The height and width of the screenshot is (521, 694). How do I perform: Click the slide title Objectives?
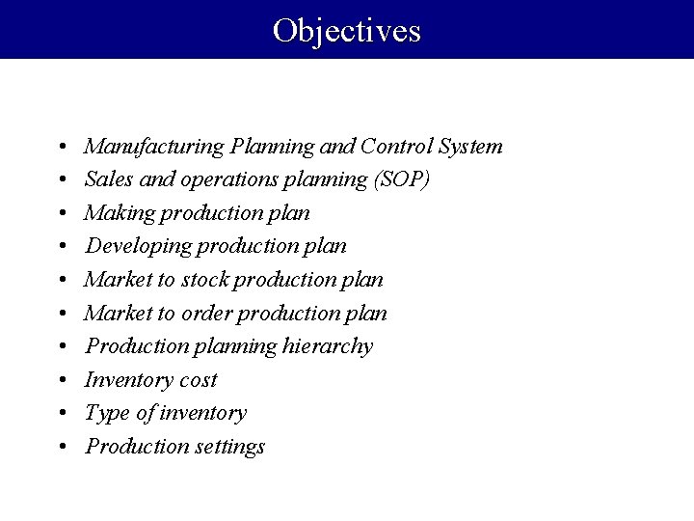pyautogui.click(x=346, y=30)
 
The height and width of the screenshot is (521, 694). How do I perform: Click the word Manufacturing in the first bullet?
pyautogui.click(x=154, y=147)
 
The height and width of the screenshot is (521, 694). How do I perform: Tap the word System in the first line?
pyautogui.click(x=469, y=147)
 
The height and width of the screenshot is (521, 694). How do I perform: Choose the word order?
pyautogui.click(x=206, y=313)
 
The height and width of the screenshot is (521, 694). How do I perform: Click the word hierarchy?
pyautogui.click(x=328, y=345)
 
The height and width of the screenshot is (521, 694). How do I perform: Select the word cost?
pyautogui.click(x=196, y=379)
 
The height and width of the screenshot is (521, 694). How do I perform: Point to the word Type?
pyautogui.click(x=105, y=413)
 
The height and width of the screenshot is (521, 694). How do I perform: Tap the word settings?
pyautogui.click(x=230, y=446)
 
